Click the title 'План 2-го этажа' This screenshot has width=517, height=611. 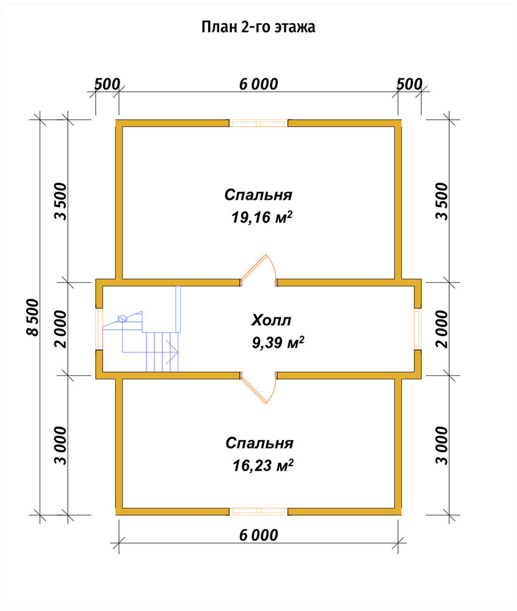pyautogui.click(x=258, y=27)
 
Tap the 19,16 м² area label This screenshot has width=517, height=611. pyautogui.click(x=262, y=217)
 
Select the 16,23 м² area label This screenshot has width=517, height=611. pyautogui.click(x=263, y=465)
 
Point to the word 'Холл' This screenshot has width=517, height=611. pyautogui.click(x=272, y=320)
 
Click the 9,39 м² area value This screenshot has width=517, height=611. pyautogui.click(x=278, y=343)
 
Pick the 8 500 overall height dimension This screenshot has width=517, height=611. pyautogui.click(x=33, y=318)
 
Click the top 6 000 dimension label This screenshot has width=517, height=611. pyautogui.click(x=259, y=84)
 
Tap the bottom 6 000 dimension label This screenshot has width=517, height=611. pyautogui.click(x=259, y=535)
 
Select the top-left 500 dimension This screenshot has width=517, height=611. pyautogui.click(x=107, y=84)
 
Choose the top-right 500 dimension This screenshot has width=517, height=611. pyautogui.click(x=410, y=84)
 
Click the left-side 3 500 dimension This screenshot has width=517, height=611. pyautogui.click(x=61, y=201)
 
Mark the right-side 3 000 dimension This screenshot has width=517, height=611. pyautogui.click(x=443, y=445)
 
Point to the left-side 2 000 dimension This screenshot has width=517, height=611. pyautogui.click(x=61, y=329)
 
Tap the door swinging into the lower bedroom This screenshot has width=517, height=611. pyautogui.click(x=259, y=390)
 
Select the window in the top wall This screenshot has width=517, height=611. pyautogui.click(x=259, y=123)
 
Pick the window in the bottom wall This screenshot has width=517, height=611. pyautogui.click(x=259, y=511)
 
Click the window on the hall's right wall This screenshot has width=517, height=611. pyautogui.click(x=418, y=329)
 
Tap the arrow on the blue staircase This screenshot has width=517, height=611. pyautogui.click(x=173, y=353)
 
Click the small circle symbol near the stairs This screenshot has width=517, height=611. pyautogui.click(x=122, y=319)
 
